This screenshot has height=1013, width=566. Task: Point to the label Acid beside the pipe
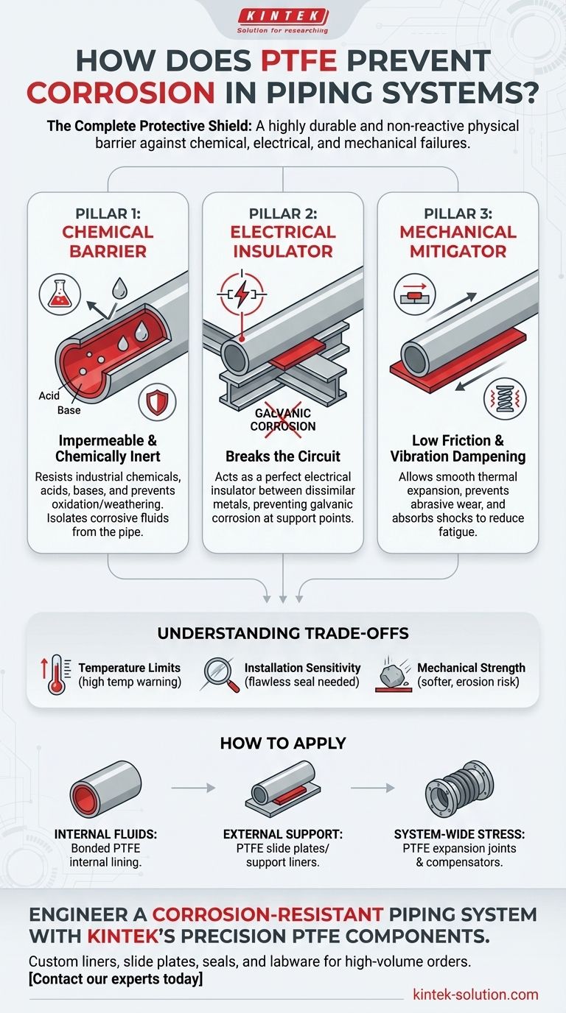click(49, 396)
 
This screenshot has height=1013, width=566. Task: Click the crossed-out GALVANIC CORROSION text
click(282, 420)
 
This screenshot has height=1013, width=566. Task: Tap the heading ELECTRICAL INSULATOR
click(283, 241)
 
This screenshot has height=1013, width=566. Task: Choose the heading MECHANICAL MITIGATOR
click(458, 241)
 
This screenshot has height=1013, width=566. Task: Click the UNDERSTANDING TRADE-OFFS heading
click(283, 632)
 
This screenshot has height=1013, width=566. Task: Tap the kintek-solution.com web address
click(475, 995)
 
